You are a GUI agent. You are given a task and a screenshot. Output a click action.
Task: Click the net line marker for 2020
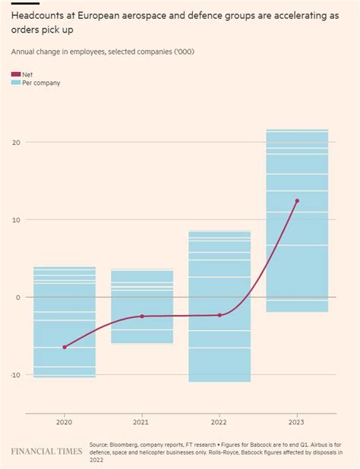(x=65, y=347)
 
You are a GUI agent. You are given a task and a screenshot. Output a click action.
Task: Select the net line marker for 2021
(x=142, y=316)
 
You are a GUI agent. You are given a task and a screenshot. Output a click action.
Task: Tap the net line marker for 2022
(x=219, y=315)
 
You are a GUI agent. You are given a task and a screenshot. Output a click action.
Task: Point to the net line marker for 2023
(x=297, y=201)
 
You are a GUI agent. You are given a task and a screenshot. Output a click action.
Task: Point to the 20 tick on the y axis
(x=17, y=143)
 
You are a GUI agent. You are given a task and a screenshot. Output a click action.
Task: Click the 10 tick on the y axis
(x=17, y=220)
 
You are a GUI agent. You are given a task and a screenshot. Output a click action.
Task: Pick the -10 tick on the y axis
(x=15, y=375)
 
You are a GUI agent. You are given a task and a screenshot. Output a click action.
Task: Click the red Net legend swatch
(x=16, y=74)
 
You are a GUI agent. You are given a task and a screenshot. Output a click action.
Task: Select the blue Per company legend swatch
(x=16, y=83)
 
